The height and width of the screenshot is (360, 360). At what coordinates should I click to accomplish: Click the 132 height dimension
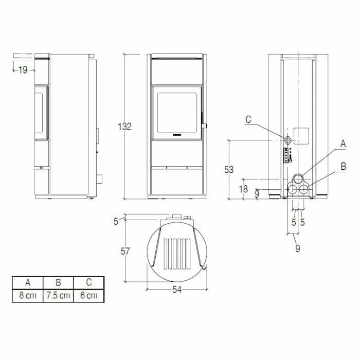[x=125, y=127]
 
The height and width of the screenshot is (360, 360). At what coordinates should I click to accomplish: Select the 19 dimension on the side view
[x=22, y=70]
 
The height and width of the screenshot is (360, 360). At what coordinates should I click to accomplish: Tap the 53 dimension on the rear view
[x=229, y=169]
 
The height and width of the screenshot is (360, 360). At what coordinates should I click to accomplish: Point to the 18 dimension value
[x=244, y=189]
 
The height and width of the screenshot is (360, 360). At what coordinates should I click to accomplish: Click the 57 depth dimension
[x=125, y=251]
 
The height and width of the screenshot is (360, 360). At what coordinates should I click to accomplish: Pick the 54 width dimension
[x=176, y=290]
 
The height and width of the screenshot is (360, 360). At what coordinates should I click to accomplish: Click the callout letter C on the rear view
[x=248, y=119]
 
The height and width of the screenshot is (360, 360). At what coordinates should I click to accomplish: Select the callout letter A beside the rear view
[x=343, y=145]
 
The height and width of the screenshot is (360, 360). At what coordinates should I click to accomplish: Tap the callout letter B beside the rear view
[x=343, y=166]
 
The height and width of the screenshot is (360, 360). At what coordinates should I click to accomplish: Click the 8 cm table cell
[x=27, y=296]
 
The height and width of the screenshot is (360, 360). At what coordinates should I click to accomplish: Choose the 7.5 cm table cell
[x=58, y=296]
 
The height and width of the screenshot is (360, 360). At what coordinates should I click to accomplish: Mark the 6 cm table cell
[x=88, y=296]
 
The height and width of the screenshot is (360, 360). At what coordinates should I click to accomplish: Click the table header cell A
[x=27, y=282]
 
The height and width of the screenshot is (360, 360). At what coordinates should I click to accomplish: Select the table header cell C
[x=88, y=282]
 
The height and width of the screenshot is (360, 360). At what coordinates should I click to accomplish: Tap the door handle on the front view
[x=204, y=125]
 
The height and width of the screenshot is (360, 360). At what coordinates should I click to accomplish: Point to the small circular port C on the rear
[x=289, y=139]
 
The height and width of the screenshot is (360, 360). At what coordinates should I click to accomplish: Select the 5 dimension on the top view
[x=117, y=221]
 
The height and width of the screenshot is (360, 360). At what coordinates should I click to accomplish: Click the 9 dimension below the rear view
[x=298, y=249]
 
